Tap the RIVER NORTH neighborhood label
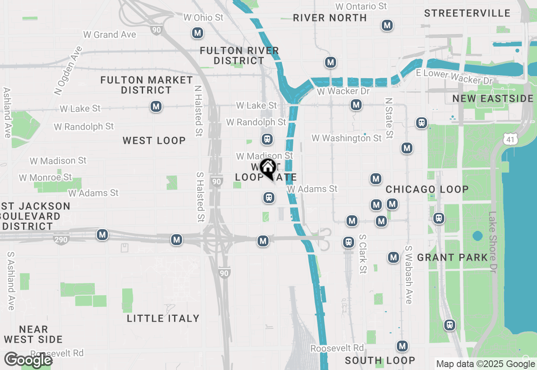click(x=330, y=18)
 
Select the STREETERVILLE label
click(x=467, y=13)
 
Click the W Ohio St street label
click(x=203, y=18)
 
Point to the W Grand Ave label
click(x=109, y=34)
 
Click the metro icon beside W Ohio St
click(x=197, y=32)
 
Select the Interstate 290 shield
click(x=61, y=240)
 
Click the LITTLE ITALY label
click(x=163, y=318)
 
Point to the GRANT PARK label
click(x=452, y=257)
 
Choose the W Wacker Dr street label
click(x=343, y=91)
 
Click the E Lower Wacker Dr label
click(x=454, y=77)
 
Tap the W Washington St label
click(x=347, y=138)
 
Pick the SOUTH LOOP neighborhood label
click(x=380, y=360)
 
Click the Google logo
click(x=28, y=360)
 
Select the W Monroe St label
click(x=45, y=177)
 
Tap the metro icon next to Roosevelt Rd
click(x=402, y=346)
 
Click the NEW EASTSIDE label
click(x=493, y=99)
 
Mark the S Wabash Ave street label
click(x=408, y=275)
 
